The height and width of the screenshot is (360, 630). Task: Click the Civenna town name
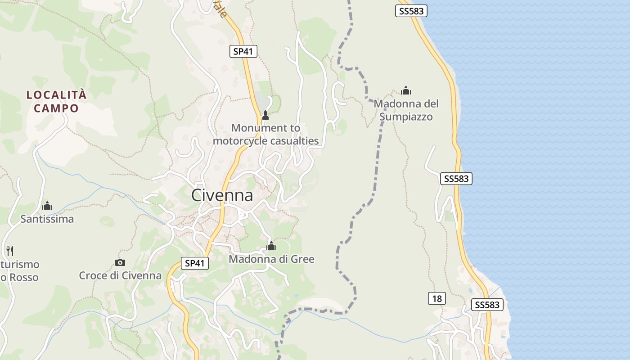222,195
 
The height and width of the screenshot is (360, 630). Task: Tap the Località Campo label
56,102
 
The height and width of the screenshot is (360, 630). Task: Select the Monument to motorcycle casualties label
265,134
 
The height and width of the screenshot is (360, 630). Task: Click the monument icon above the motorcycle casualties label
265,115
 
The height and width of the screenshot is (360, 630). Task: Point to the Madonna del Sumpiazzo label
406,110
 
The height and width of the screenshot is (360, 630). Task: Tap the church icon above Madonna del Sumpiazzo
406,90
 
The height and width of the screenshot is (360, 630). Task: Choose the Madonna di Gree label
271,259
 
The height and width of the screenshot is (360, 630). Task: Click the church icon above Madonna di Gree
271,246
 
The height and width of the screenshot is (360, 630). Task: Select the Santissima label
47,219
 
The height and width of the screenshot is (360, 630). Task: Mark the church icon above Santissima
47,206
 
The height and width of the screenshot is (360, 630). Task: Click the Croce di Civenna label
120,275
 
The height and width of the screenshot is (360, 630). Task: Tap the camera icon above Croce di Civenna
120,262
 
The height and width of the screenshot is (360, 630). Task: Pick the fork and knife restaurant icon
9,251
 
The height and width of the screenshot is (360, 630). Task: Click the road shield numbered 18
436,298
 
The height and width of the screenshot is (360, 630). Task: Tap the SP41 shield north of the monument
243,51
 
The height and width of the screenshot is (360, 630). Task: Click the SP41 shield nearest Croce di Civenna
195,263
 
